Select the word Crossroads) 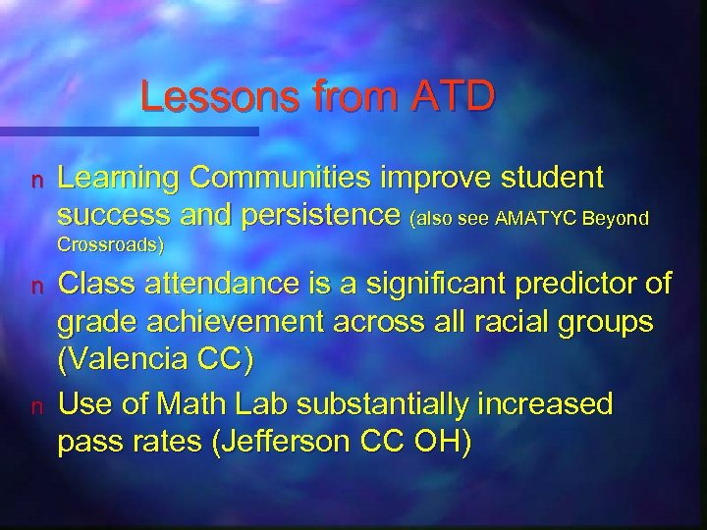coord(111,243)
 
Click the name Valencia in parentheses coord(135,357)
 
